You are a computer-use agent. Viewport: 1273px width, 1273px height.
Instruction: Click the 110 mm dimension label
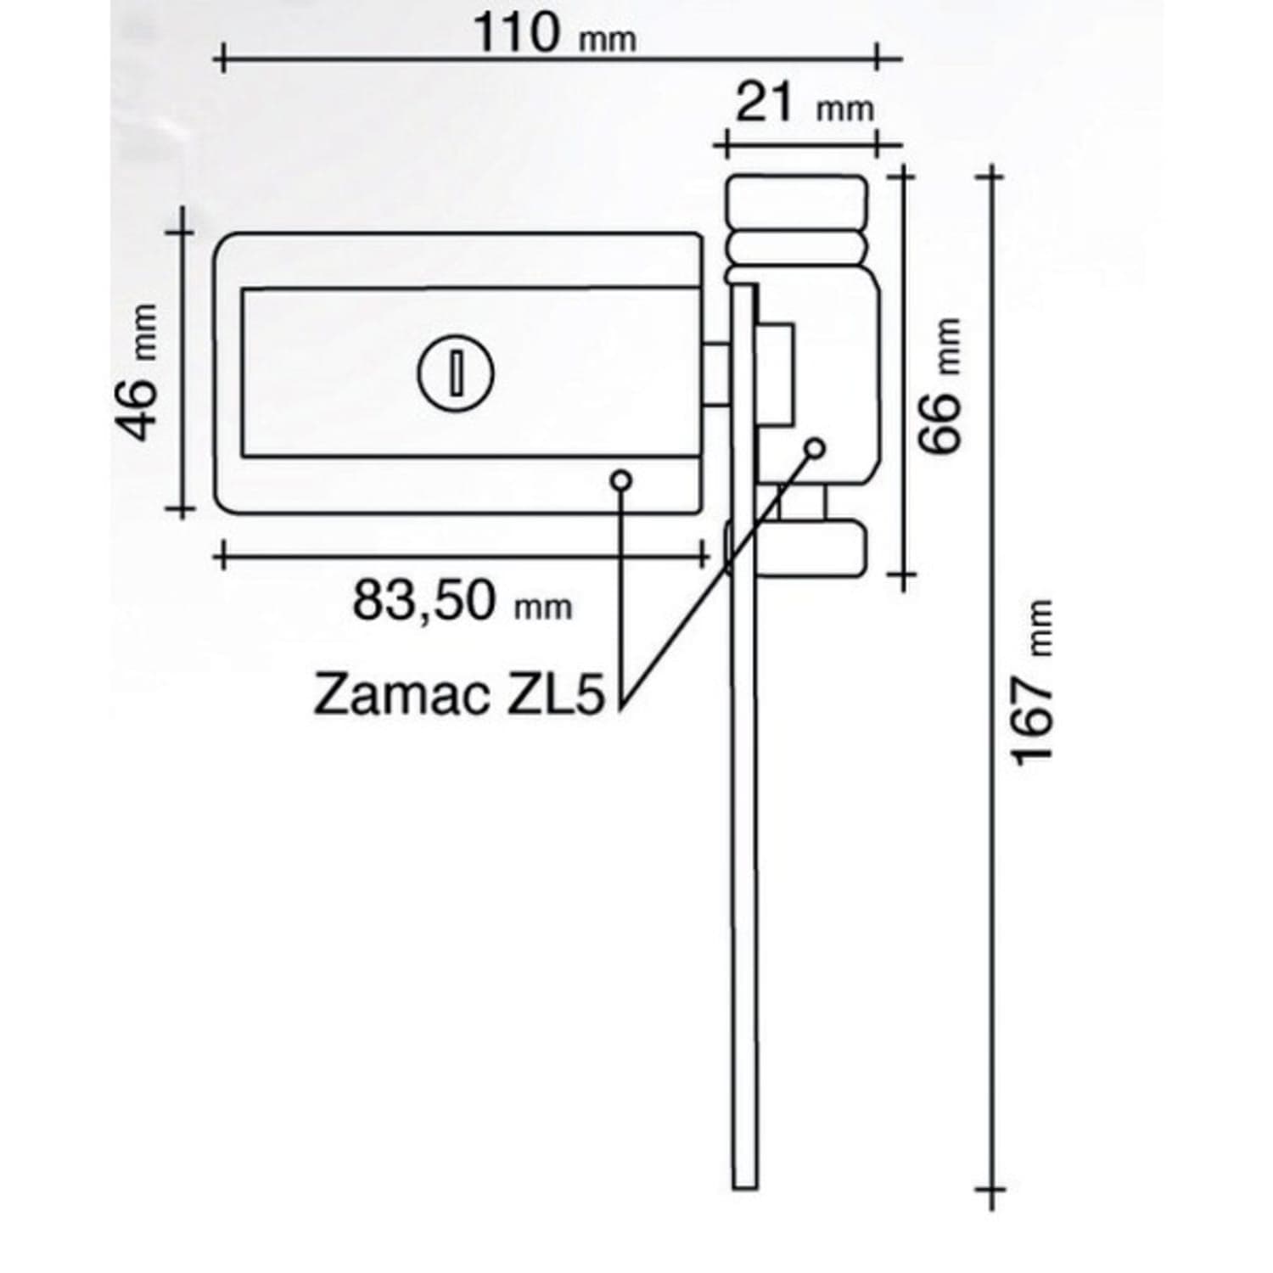[x=553, y=34]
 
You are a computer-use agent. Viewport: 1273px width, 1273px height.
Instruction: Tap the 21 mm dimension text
[x=804, y=104]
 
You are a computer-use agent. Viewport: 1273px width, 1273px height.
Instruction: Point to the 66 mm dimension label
[x=940, y=385]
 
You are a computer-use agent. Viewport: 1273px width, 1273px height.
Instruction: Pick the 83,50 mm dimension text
[x=463, y=600]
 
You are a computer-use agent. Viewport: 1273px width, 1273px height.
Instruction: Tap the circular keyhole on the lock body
[x=456, y=373]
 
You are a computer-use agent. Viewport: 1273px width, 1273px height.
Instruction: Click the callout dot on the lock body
[x=622, y=480]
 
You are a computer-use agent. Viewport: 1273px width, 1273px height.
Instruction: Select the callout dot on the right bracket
[x=816, y=446]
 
